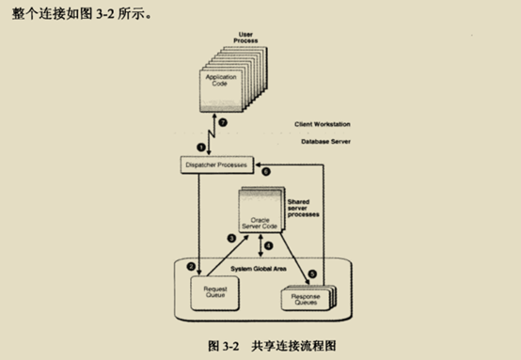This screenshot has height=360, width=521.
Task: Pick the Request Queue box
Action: [209, 294]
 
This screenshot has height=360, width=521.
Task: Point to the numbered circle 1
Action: [200, 146]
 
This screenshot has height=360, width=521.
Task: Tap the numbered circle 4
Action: [269, 247]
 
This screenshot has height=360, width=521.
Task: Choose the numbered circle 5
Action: [312, 273]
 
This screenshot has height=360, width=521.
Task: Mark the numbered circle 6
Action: [266, 172]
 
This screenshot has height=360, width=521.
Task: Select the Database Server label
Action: [321, 143]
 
